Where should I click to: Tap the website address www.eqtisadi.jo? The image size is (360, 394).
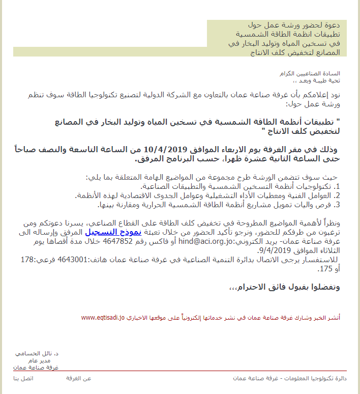[103, 318]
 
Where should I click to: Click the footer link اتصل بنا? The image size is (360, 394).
[23, 378]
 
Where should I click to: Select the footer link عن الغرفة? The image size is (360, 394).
[79, 378]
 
